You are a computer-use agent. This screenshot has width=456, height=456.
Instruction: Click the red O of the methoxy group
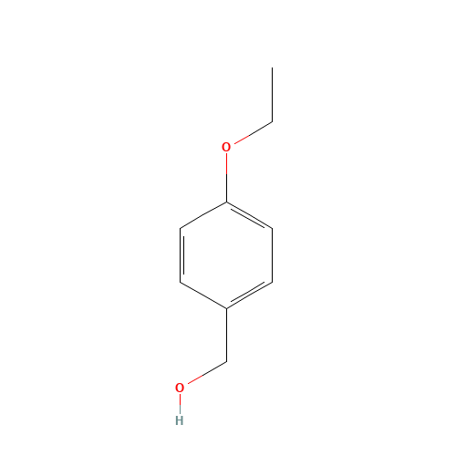[226, 147]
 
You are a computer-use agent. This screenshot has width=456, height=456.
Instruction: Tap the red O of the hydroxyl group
[180, 388]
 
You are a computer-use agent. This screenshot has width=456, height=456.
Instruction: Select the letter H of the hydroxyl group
[179, 420]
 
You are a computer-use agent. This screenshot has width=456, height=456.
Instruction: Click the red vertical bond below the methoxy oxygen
[226, 164]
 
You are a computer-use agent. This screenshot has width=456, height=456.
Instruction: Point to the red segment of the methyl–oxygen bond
[240, 140]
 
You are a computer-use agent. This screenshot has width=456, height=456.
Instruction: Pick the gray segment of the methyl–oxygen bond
[260, 128]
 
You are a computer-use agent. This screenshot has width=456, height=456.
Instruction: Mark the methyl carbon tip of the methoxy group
[272, 121]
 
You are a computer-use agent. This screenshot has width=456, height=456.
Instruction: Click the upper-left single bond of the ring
[203, 215]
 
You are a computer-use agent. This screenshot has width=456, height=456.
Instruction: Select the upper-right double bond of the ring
[249, 215]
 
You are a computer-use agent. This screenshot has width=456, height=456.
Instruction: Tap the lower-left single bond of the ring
[203, 295]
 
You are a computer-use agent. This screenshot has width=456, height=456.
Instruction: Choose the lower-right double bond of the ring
[249, 295]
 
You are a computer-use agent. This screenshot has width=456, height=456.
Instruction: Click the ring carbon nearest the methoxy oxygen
[226, 202]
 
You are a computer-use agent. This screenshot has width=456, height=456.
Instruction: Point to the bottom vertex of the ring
[226, 308]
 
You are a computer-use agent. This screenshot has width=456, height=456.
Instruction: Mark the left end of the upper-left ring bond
[181, 228]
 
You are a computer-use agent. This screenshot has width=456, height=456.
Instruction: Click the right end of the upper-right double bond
[272, 228]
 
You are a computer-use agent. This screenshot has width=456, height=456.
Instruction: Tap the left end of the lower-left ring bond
[181, 283]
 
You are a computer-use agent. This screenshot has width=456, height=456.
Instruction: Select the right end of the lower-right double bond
[272, 283]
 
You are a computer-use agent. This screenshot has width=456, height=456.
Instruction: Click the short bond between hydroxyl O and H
[180, 404]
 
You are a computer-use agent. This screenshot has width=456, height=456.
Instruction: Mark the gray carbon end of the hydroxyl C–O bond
[225, 362]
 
